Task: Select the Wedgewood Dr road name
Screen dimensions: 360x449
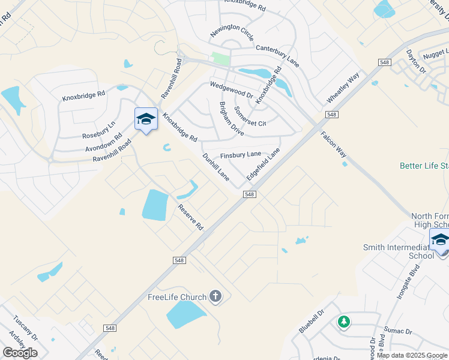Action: click(x=231, y=91)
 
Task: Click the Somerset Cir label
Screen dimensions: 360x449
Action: click(x=250, y=116)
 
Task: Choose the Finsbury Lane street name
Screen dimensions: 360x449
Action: click(x=240, y=155)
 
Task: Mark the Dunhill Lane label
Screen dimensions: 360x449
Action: click(x=216, y=167)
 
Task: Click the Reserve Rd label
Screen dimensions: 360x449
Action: click(x=191, y=217)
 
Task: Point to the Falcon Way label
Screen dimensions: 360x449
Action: click(x=333, y=145)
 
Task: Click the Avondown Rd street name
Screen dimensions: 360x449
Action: click(x=104, y=142)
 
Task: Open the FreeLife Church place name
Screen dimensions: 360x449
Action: click(x=177, y=297)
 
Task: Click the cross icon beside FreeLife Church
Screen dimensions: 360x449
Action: click(x=216, y=296)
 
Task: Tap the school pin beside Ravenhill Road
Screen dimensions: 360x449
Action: click(x=146, y=119)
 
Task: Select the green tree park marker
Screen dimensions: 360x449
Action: click(x=343, y=322)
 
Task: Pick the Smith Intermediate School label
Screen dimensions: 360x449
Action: click(x=398, y=251)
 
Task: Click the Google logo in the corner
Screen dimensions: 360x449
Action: click(x=20, y=352)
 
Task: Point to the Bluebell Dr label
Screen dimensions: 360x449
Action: click(x=312, y=322)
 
